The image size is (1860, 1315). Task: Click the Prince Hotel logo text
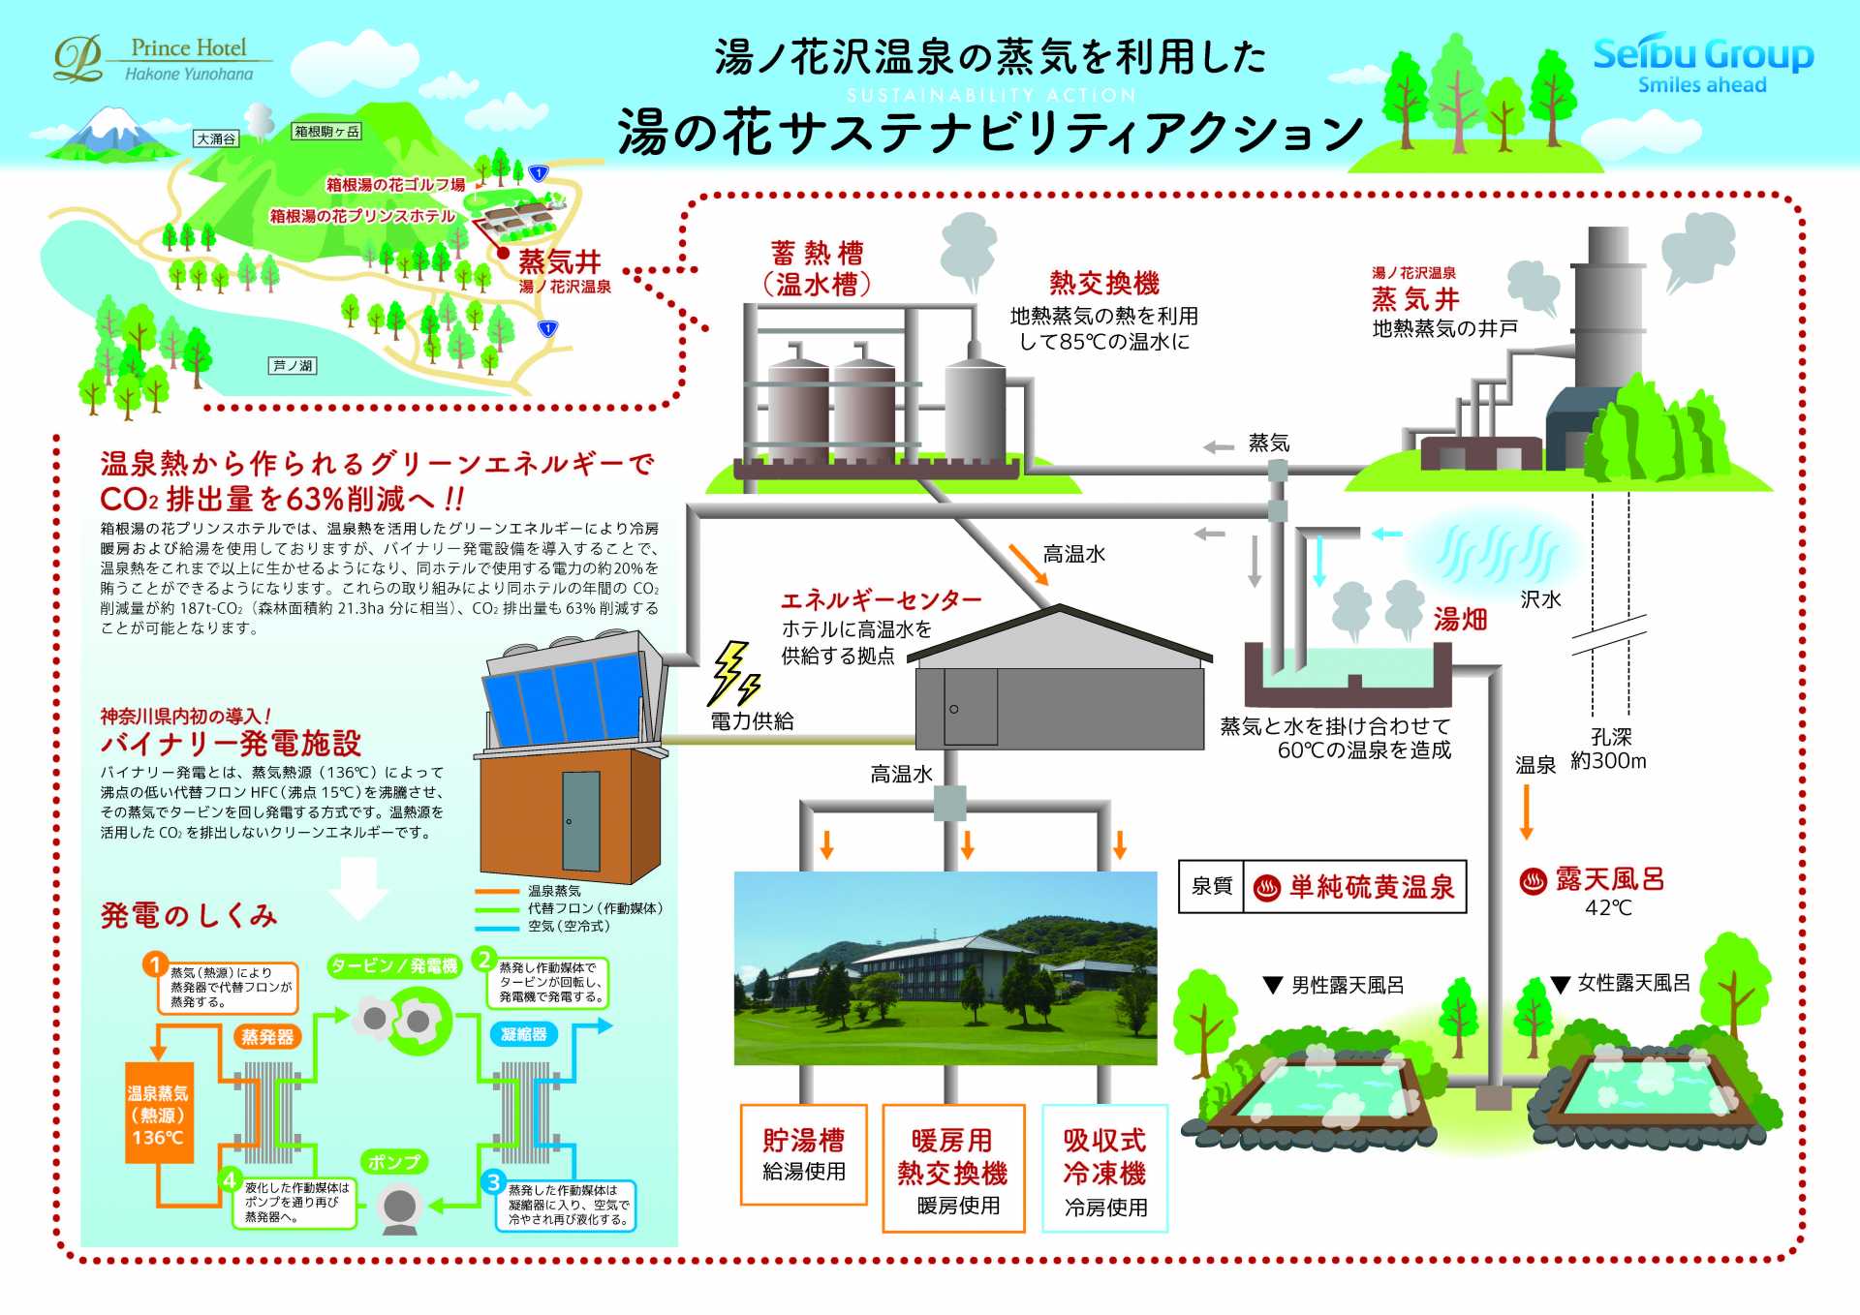tap(189, 48)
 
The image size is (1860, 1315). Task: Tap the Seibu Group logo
tap(1702, 64)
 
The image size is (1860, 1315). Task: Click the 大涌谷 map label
tap(216, 138)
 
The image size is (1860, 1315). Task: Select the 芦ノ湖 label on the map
tap(293, 365)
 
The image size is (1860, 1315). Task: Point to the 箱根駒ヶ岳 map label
tap(326, 131)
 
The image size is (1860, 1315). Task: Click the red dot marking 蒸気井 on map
tap(503, 253)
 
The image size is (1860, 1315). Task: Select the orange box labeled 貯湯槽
tap(803, 1153)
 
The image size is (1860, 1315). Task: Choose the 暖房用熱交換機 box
tap(953, 1168)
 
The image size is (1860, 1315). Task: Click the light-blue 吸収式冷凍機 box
tap(1104, 1168)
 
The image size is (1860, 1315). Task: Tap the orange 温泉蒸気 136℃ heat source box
tap(158, 1113)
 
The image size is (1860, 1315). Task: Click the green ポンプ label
tap(394, 1161)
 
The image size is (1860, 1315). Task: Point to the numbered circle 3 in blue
tap(494, 1181)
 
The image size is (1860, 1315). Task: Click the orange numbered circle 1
tap(154, 963)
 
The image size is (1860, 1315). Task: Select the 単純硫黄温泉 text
tap(1371, 886)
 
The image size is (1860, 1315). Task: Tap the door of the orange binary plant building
tap(581, 820)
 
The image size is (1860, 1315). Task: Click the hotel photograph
tap(945, 967)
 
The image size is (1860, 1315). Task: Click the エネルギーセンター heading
tap(881, 599)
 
